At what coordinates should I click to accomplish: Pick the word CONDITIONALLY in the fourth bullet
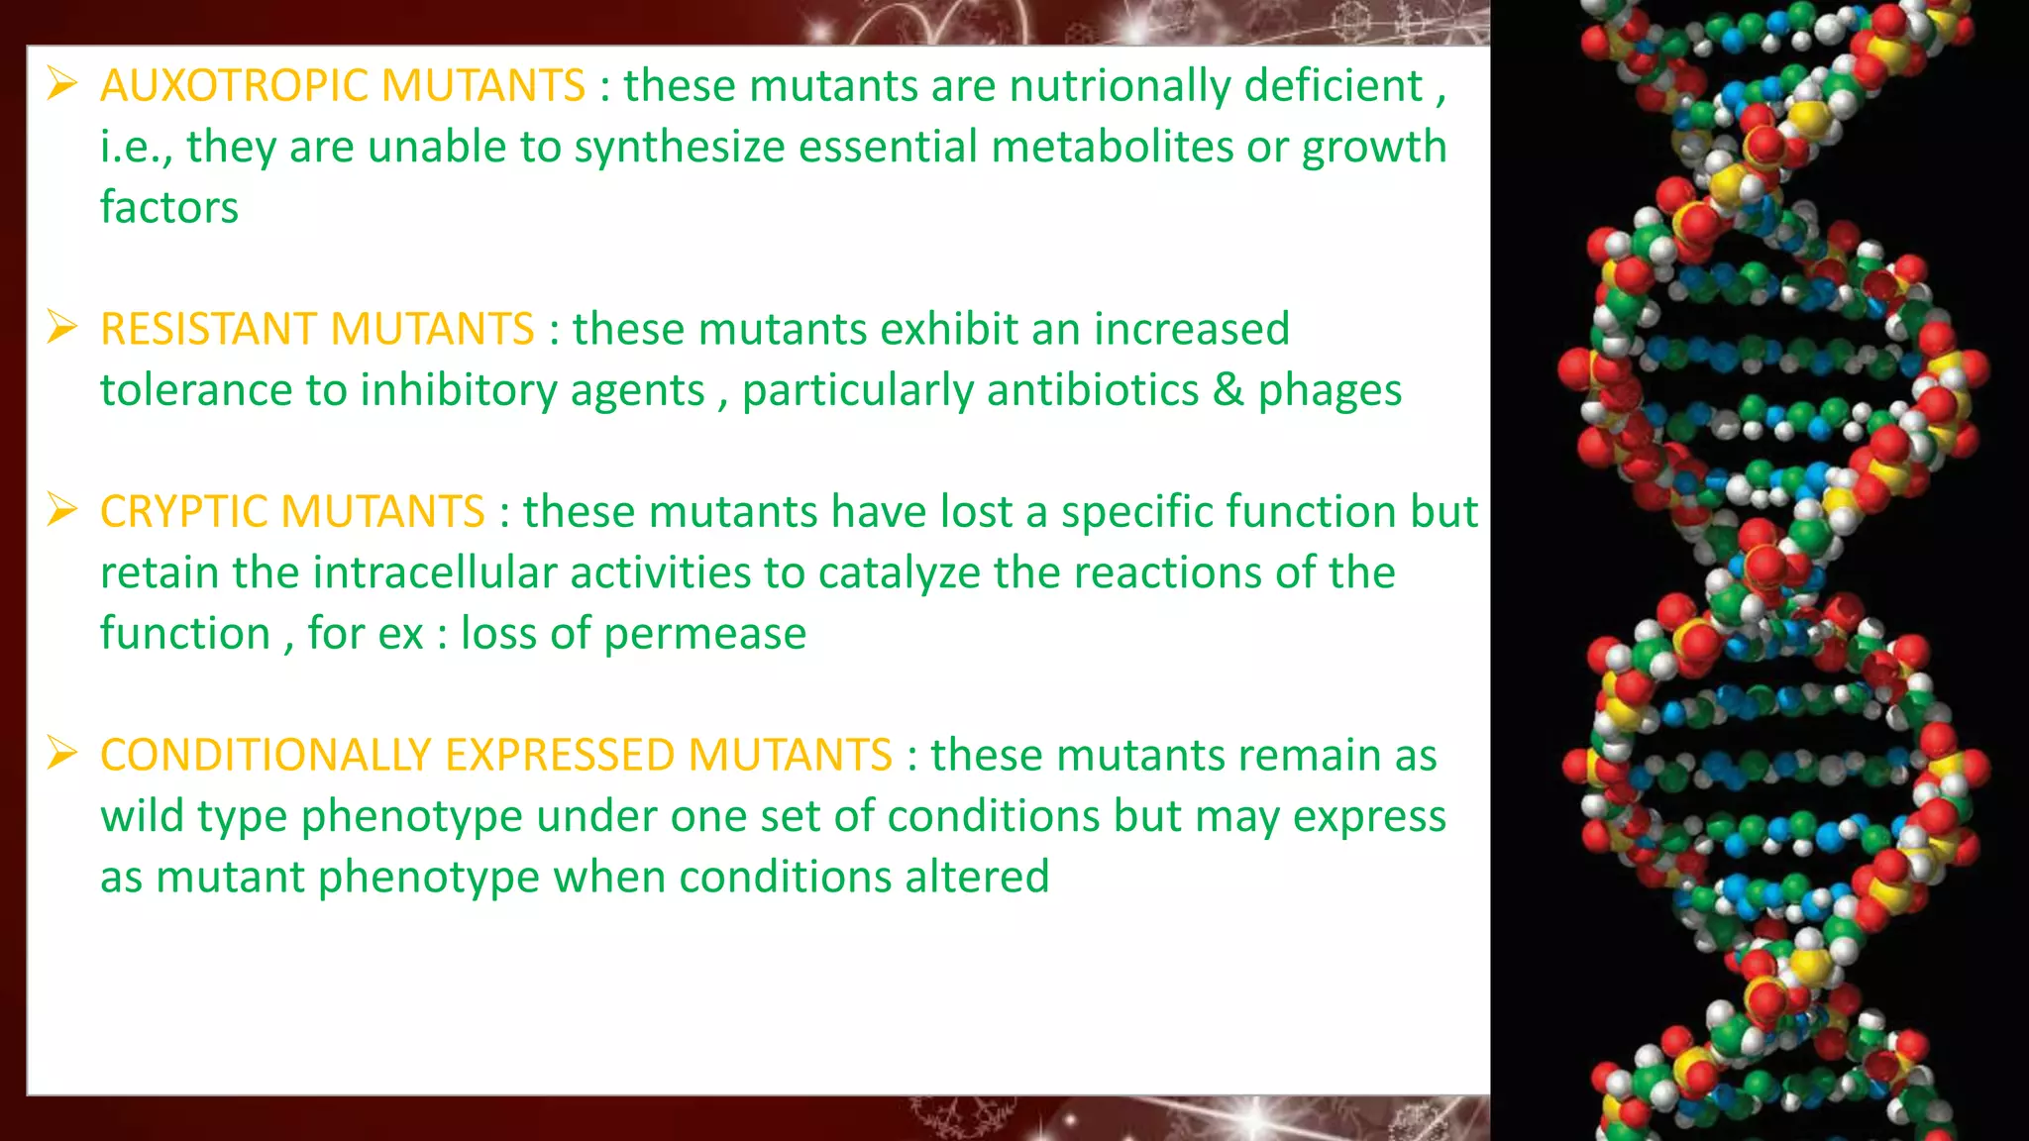tap(265, 756)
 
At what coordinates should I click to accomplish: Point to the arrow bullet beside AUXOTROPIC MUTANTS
tap(61, 84)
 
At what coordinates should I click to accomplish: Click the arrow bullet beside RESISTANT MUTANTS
tap(61, 328)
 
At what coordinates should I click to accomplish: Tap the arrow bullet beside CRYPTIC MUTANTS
tap(61, 510)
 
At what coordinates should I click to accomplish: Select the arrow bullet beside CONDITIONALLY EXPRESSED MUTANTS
tap(61, 754)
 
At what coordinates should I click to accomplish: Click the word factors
tap(169, 208)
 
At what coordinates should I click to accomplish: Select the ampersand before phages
tap(1228, 390)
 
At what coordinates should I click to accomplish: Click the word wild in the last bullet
tap(143, 817)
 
